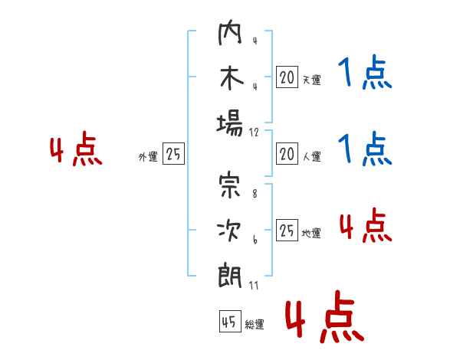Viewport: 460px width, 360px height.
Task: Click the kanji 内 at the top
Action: coord(230,32)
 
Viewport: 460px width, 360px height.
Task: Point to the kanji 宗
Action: coord(230,185)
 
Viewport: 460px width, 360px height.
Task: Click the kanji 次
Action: coord(229,231)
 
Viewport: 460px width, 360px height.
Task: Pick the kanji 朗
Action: coord(230,276)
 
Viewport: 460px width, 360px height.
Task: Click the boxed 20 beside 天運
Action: coord(287,77)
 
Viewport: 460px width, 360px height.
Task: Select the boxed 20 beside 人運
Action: coord(287,154)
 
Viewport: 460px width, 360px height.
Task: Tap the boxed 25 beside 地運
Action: coord(287,230)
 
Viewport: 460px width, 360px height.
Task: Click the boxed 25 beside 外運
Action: coord(173,154)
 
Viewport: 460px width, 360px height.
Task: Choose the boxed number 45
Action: coord(230,321)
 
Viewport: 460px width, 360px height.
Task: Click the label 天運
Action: coord(312,80)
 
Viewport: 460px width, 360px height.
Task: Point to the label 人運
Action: coord(312,156)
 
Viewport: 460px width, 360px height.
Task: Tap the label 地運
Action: coord(311,233)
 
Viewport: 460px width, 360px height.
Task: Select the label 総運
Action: coord(255,324)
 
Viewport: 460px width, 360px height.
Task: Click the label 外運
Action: coord(148,157)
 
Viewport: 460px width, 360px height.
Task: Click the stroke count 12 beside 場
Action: coord(254,133)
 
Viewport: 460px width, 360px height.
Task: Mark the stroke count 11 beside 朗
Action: coord(254,285)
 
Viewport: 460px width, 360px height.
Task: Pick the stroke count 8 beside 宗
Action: coord(255,194)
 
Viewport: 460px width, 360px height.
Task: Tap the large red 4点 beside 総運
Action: coord(325,316)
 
